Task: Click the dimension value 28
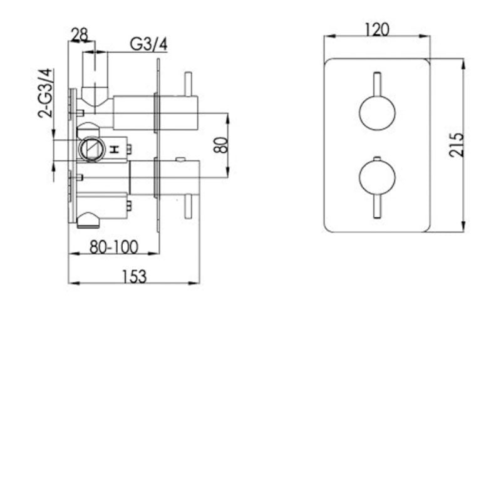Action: pyautogui.click(x=80, y=35)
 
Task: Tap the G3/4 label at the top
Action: pyautogui.click(x=148, y=44)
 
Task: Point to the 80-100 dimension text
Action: pyautogui.click(x=113, y=247)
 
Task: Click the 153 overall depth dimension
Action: pyautogui.click(x=135, y=276)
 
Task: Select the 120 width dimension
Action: pyautogui.click(x=376, y=29)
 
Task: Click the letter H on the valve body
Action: pyautogui.click(x=115, y=149)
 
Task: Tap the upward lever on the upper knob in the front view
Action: pyautogui.click(x=377, y=85)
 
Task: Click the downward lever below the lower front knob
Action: pyautogui.click(x=377, y=207)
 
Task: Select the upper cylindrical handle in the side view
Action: pyautogui.click(x=177, y=112)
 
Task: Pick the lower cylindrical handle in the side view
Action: pyautogui.click(x=177, y=177)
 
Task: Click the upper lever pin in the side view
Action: pyautogui.click(x=187, y=83)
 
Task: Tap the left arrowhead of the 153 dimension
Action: pyautogui.click(x=71, y=284)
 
